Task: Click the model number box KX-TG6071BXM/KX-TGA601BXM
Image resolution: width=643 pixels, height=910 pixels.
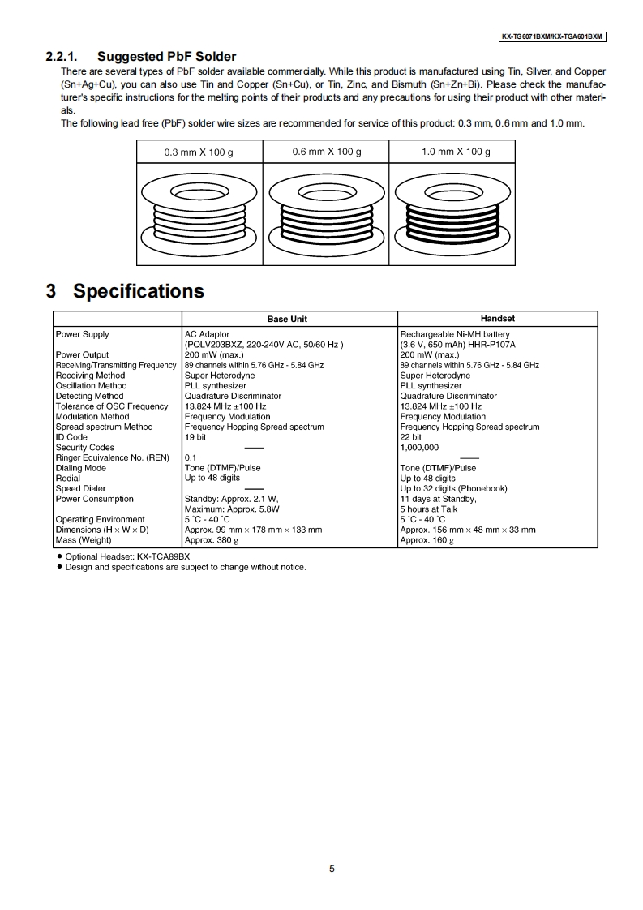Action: (552, 37)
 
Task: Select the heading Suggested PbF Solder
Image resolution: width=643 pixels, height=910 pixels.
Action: (166, 57)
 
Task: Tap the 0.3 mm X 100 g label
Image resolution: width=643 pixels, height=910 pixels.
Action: (199, 152)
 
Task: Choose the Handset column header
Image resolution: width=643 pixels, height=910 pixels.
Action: (497, 319)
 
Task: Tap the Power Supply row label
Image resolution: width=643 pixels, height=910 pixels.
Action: (82, 334)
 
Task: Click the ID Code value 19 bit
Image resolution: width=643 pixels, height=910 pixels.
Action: (195, 437)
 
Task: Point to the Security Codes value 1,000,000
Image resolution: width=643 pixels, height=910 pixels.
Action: (419, 448)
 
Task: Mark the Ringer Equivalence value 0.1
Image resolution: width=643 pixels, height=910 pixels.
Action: (191, 457)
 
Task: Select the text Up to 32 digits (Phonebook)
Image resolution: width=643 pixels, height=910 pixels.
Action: (453, 488)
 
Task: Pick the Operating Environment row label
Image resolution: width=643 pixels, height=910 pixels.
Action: (100, 520)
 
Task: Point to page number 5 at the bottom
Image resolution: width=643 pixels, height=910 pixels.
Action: (332, 869)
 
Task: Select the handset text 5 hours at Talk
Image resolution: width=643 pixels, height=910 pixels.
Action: (429, 509)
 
